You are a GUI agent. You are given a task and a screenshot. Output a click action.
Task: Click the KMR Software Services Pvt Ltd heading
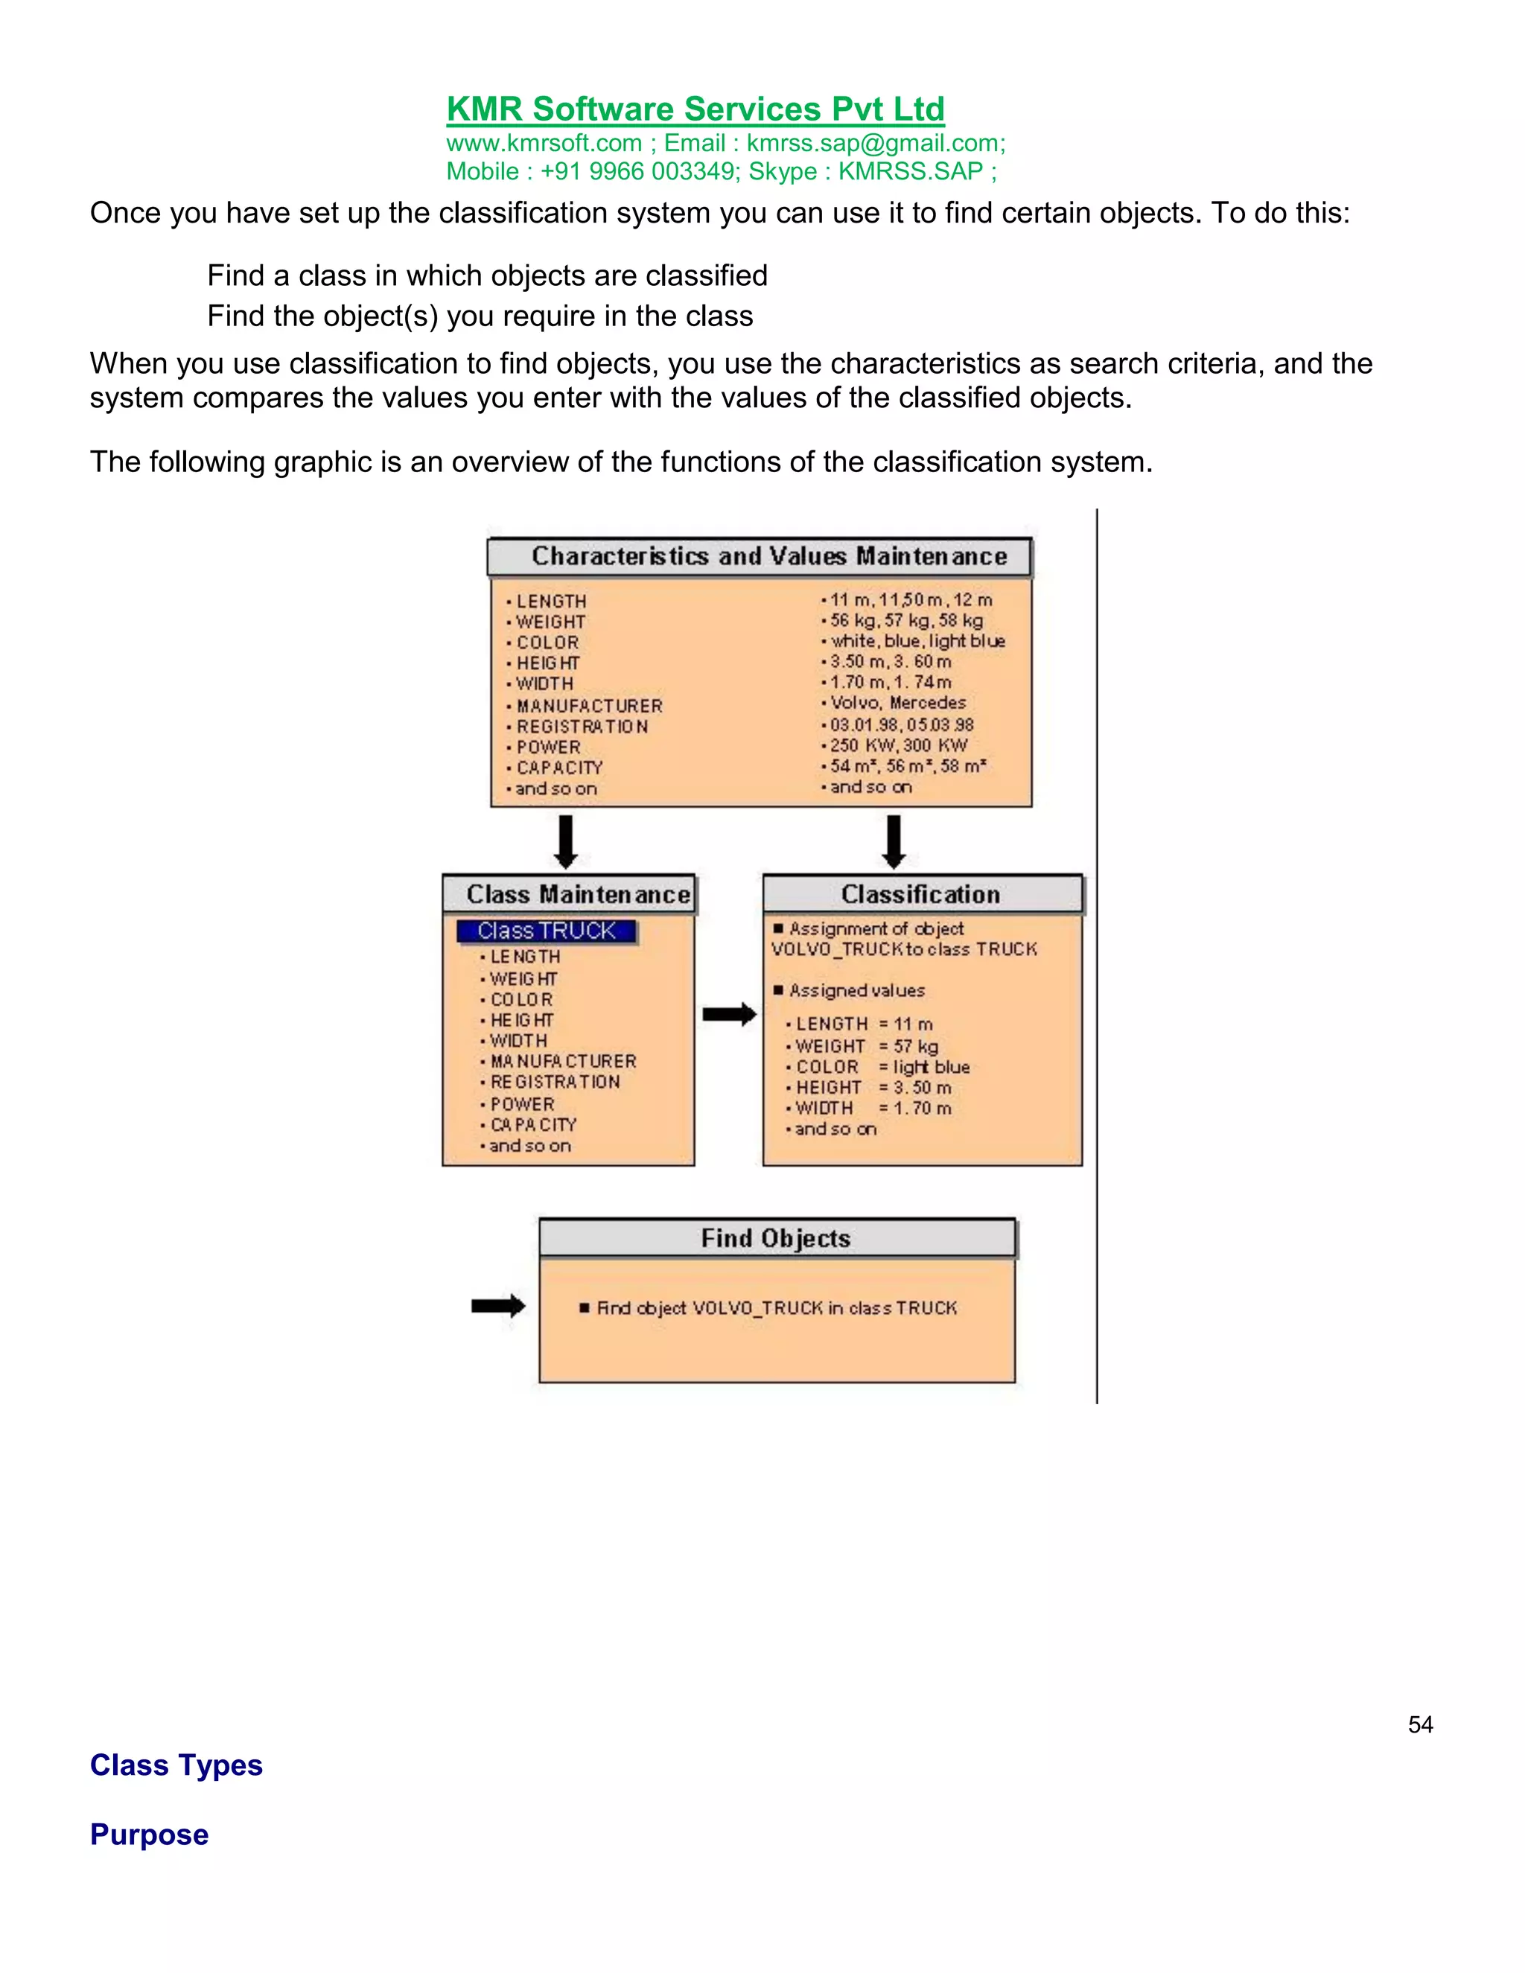[x=695, y=109]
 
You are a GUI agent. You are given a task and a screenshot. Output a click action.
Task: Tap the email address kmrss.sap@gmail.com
[x=874, y=144]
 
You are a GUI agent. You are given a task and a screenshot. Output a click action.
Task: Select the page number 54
[x=1419, y=1724]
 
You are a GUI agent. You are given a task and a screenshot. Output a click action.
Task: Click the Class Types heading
[x=176, y=1765]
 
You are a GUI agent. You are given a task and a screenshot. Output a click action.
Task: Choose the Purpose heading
[x=149, y=1835]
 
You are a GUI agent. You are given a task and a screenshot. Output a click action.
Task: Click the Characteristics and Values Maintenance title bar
[x=759, y=556]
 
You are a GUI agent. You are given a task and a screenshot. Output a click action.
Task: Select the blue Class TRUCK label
[x=546, y=931]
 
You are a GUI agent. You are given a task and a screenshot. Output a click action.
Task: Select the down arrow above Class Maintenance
[x=566, y=841]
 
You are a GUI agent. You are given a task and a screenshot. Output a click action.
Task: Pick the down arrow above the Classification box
[x=894, y=841]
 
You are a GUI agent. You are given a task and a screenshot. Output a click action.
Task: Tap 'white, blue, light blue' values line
[x=917, y=641]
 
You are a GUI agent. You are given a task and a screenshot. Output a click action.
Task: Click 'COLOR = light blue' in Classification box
[x=882, y=1067]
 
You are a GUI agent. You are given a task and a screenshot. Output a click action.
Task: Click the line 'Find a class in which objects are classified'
[x=487, y=275]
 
